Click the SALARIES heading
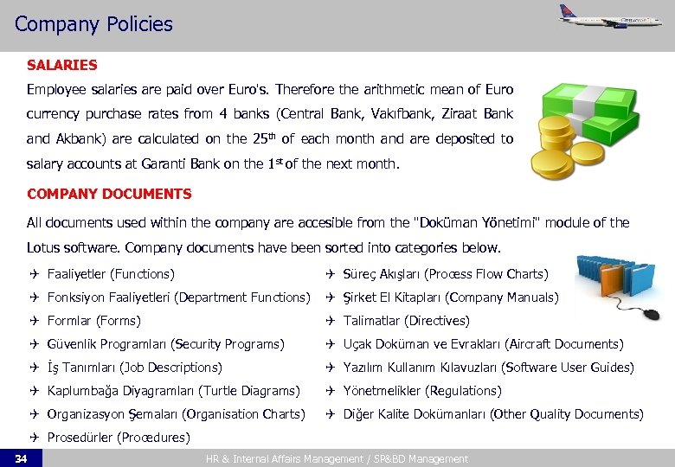[61, 65]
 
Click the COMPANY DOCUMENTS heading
[109, 194]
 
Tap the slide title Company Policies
[93, 24]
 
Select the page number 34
[21, 458]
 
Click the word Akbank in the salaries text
[78, 138]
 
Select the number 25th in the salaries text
[261, 138]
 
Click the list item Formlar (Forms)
[93, 321]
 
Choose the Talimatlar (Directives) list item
[406, 321]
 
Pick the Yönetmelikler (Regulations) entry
[421, 391]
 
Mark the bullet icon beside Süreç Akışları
[330, 274]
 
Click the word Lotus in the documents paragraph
[47, 248]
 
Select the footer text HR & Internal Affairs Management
[278, 459]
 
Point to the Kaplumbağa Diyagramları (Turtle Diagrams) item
[173, 391]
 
